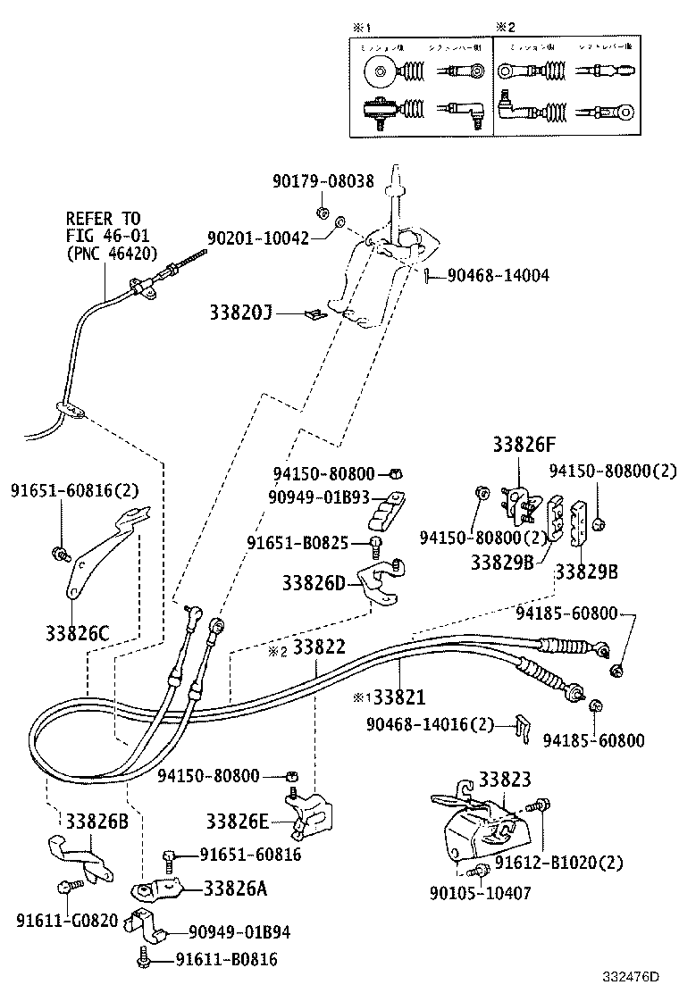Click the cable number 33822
[319, 648]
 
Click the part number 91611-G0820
[66, 920]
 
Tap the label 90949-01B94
[239, 932]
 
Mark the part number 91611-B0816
[226, 960]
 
